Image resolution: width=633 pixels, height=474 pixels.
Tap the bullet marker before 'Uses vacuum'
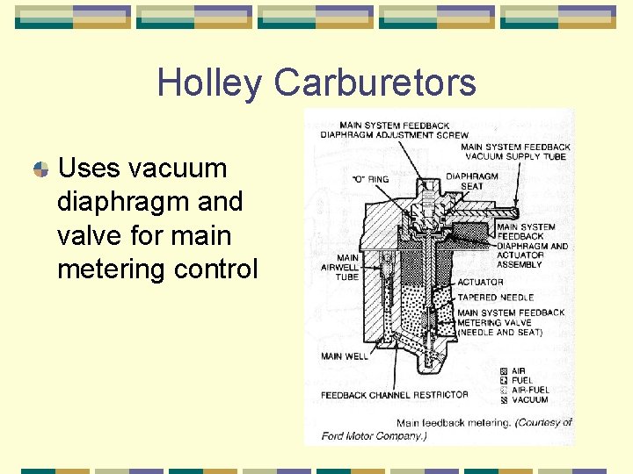pyautogui.click(x=40, y=169)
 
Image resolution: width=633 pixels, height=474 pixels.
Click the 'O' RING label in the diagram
pyautogui.click(x=369, y=180)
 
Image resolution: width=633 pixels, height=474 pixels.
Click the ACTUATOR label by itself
pyautogui.click(x=480, y=283)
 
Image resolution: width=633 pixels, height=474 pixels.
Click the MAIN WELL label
pyautogui.click(x=345, y=356)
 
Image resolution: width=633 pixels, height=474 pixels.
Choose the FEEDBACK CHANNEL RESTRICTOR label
pyautogui.click(x=394, y=395)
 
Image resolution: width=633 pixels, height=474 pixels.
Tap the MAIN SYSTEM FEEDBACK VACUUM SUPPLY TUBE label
pyautogui.click(x=515, y=152)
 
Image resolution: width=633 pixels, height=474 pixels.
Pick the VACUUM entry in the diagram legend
pyautogui.click(x=529, y=400)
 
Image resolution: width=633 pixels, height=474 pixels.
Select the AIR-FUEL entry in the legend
pyautogui.click(x=531, y=391)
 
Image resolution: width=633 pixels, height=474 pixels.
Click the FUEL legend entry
pyautogui.click(x=522, y=381)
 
